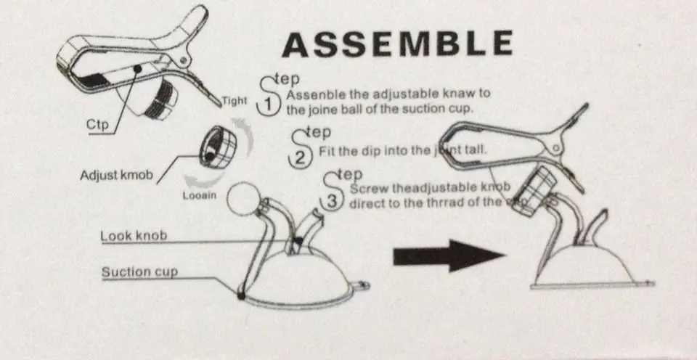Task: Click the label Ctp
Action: pos(97,125)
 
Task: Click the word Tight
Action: pos(235,101)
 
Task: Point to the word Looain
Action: pos(198,195)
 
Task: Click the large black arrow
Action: pos(449,255)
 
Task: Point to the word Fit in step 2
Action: pos(327,150)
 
